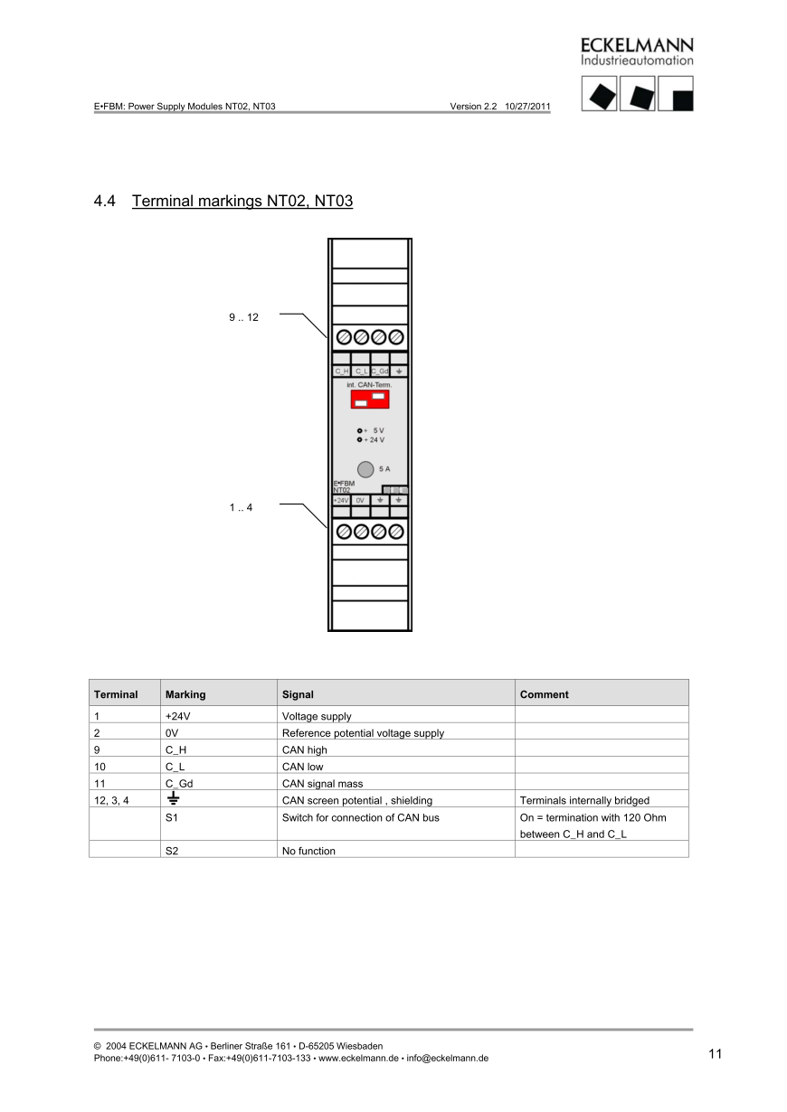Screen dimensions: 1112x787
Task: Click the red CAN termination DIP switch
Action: pos(369,399)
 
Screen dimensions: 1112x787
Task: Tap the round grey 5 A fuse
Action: pos(365,469)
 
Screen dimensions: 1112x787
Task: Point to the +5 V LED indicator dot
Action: pos(360,430)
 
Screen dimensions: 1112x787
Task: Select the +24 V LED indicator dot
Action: pos(360,439)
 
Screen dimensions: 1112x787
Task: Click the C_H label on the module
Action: pos(342,372)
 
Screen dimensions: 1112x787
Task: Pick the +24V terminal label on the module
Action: pos(341,500)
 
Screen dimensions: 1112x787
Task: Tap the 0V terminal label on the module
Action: pos(360,500)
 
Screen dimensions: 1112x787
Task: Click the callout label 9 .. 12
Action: pos(243,317)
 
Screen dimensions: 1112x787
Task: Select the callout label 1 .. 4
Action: pos(241,507)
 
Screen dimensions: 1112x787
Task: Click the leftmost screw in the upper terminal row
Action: pos(344,337)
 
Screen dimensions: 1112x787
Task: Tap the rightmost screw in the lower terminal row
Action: pos(395,531)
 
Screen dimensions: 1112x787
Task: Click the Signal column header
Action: pos(298,694)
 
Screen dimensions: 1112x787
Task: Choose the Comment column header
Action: pos(545,694)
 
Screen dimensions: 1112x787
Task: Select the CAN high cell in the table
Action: pos(305,749)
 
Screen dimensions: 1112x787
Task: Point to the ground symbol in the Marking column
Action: pos(173,798)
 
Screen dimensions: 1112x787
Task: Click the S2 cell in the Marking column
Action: pos(173,851)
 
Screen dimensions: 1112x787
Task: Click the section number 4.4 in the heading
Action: pos(105,201)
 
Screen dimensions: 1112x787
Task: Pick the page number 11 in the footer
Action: pos(716,1053)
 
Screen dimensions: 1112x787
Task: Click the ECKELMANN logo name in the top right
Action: pos(637,45)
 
